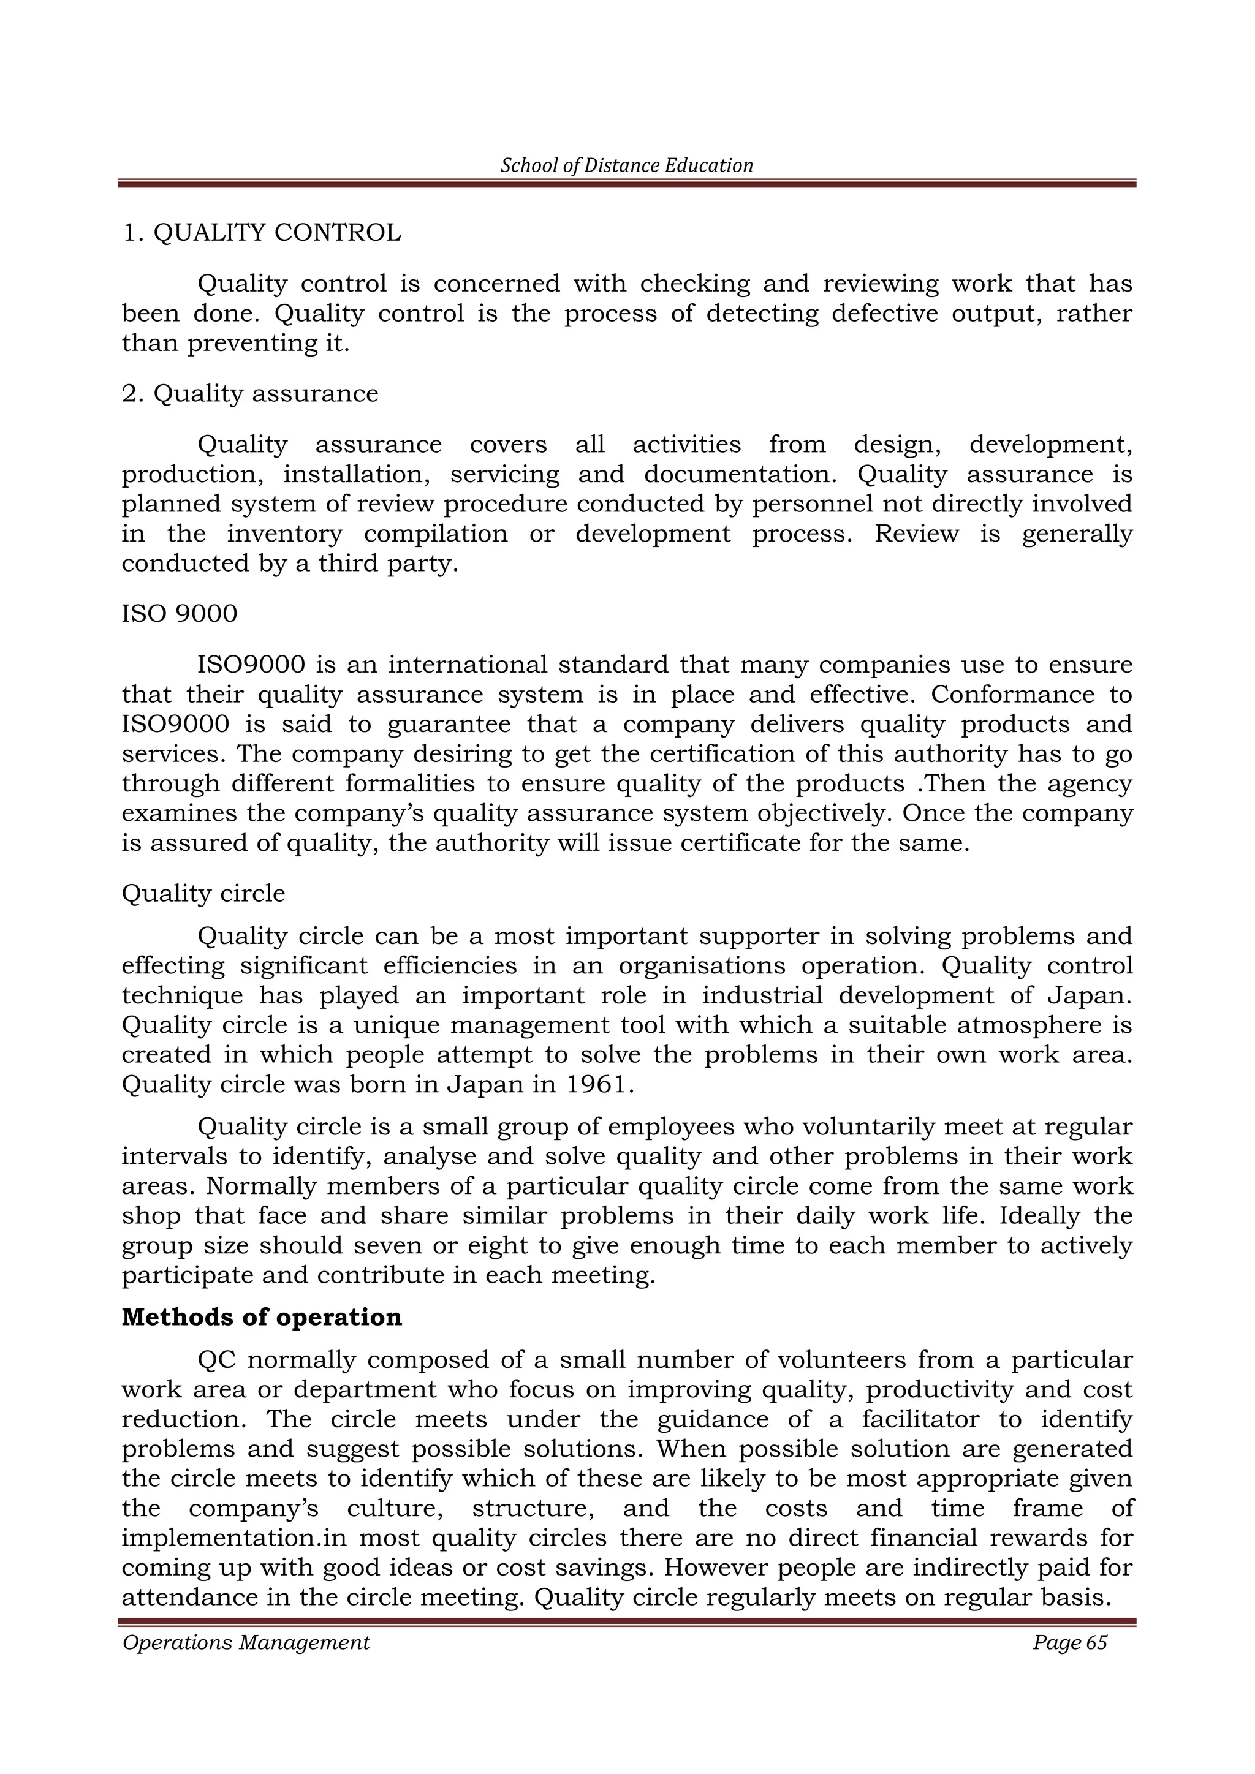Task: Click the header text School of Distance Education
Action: point(627,165)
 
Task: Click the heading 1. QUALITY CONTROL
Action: point(262,233)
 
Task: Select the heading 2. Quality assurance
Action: point(251,393)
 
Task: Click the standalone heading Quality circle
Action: point(203,893)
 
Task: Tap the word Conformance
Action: point(1012,695)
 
